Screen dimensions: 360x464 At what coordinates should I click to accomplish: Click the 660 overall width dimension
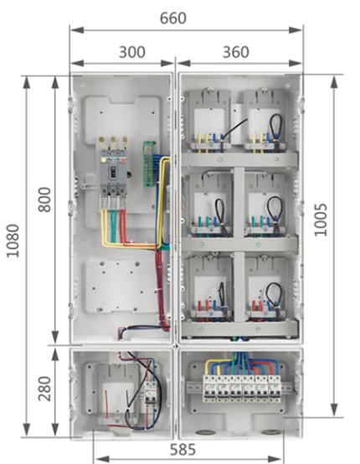(173, 18)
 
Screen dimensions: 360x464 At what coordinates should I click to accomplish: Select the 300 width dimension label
(132, 53)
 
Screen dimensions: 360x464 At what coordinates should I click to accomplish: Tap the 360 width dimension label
(236, 53)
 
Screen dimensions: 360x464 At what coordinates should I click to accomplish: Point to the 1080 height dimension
(13, 241)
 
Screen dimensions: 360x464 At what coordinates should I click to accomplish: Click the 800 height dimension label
(44, 199)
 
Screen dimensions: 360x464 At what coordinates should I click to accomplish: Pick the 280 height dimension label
(44, 389)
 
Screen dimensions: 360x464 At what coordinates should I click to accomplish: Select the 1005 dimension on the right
(321, 219)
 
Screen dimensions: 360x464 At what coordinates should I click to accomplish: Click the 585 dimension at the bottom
(183, 450)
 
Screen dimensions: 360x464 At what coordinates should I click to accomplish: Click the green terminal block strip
(149, 163)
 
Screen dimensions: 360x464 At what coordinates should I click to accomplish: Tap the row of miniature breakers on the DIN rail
(241, 389)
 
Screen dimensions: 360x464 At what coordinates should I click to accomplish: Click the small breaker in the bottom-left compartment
(151, 393)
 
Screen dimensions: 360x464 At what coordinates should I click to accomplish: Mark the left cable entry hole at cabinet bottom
(206, 433)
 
